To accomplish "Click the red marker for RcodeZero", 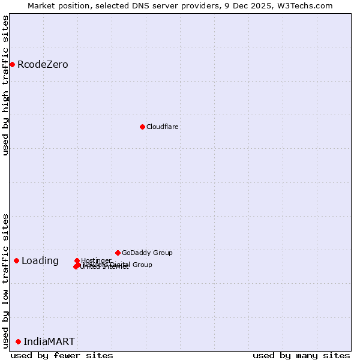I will pos(12,64).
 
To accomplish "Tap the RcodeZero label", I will pos(43,65).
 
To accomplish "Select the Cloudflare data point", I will pos(142,127).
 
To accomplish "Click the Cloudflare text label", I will pos(163,127).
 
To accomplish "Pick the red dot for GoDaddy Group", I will pos(118,253).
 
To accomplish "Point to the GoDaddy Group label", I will pos(147,253).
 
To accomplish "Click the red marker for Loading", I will pos(16,260).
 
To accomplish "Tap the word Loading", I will pos(40,261).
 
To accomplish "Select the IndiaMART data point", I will pos(18,341).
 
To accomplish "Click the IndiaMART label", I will pos(49,342).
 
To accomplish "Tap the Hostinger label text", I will pos(96,260).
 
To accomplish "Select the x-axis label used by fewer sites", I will pos(62,355).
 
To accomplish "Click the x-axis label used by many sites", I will pos(301,355).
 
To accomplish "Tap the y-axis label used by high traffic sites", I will pos(6,85).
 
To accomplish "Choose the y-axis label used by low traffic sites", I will pos(6,281).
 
